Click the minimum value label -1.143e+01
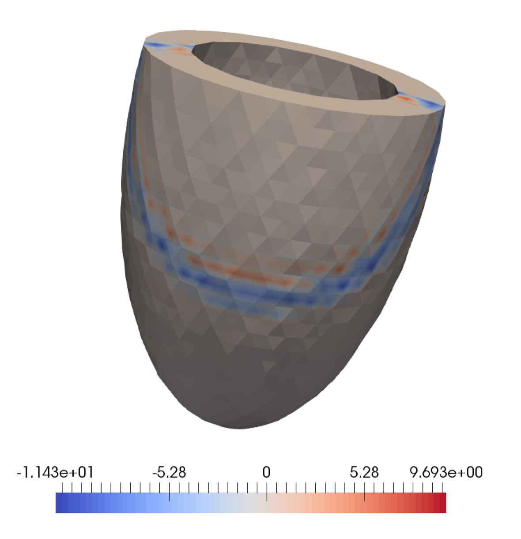coord(55,472)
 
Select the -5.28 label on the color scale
coord(169,472)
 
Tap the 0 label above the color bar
coord(266,472)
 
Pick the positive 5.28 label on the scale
coord(364,472)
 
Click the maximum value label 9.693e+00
coord(446,472)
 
